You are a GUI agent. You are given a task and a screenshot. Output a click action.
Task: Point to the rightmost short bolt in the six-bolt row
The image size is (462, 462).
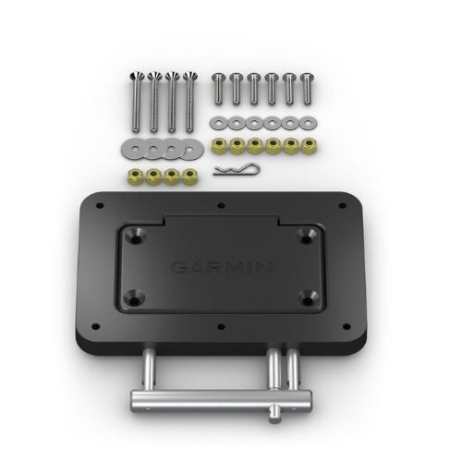click(305, 90)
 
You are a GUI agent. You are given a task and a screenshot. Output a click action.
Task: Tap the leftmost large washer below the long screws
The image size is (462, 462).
click(128, 145)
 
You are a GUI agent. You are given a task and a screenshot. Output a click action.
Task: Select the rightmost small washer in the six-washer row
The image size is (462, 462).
click(305, 122)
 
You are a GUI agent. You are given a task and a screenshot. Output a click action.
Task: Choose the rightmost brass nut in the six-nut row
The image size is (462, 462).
click(305, 145)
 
